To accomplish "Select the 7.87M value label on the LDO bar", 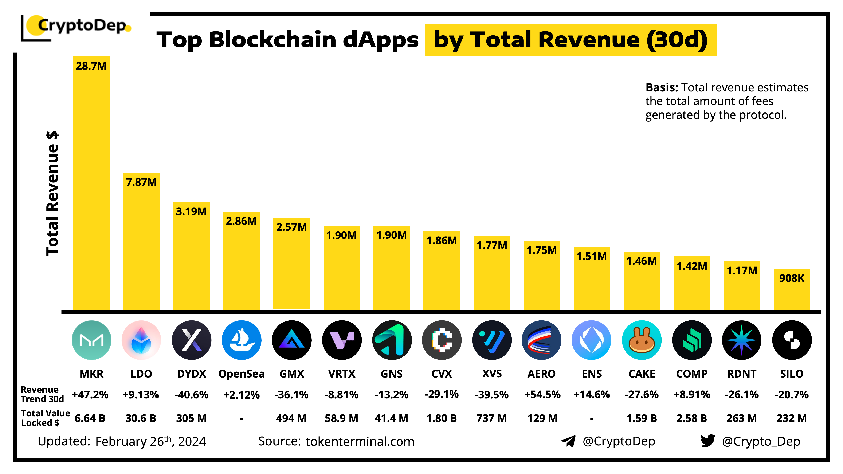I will tap(141, 182).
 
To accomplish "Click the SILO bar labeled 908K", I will tap(792, 289).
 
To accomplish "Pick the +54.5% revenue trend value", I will tap(542, 395).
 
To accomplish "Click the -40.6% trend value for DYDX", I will tap(191, 395).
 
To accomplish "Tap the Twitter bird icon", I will tap(707, 441).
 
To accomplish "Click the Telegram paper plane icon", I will tap(568, 441).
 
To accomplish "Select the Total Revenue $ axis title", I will tap(52, 193).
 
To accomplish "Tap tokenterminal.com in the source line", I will tap(360, 441).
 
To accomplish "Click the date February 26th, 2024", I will tap(150, 441).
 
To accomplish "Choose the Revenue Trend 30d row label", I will tap(42, 394).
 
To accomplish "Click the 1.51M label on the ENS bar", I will tap(591, 256).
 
